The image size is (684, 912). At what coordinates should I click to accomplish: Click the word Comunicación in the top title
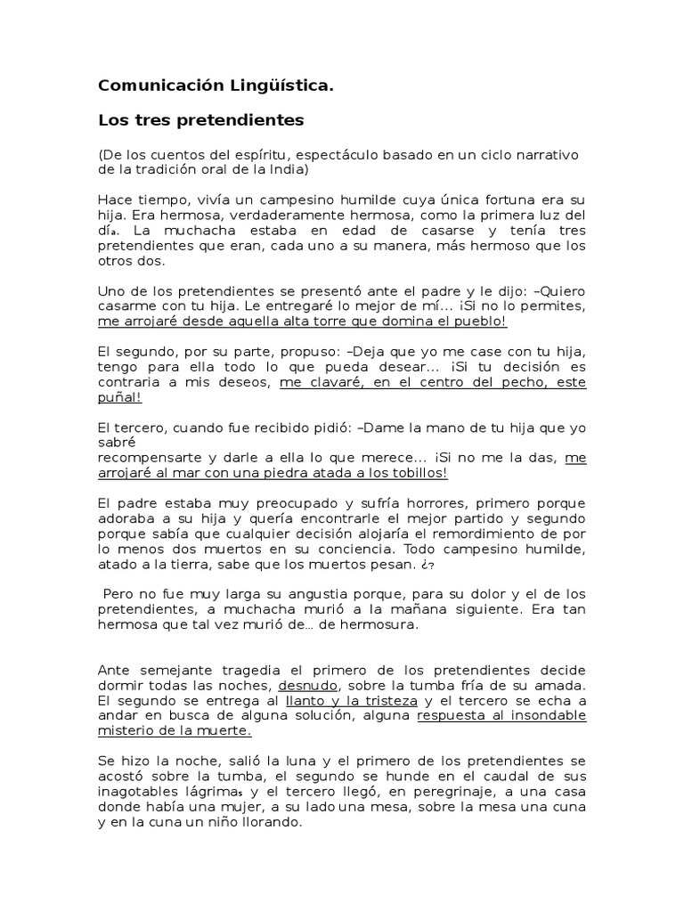pos(150,86)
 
